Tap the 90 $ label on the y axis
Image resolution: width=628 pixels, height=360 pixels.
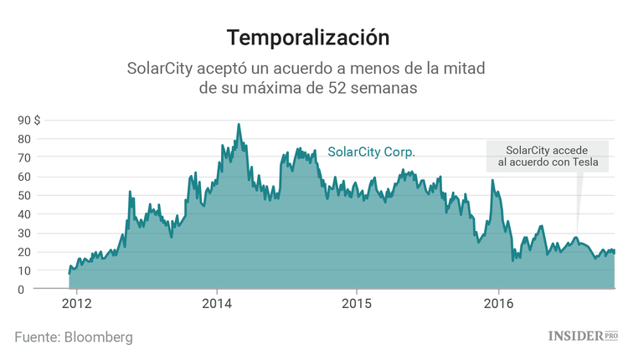point(28,120)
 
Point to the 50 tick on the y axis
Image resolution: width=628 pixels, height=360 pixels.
point(24,195)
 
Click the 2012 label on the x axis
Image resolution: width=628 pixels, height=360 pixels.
point(76,303)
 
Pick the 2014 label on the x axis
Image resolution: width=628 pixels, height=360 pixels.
point(217,303)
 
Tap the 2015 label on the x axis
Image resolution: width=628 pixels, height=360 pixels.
point(358,303)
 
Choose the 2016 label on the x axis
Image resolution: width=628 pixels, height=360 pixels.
point(498,303)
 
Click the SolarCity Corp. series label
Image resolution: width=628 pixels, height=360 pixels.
point(371,152)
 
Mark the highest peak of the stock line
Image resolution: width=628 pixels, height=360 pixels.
point(239,125)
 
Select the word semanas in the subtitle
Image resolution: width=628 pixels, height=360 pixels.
point(376,87)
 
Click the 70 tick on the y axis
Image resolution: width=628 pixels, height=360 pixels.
point(24,157)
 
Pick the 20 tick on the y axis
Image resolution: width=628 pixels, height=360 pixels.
point(24,252)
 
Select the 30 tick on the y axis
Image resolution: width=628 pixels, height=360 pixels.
point(24,233)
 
